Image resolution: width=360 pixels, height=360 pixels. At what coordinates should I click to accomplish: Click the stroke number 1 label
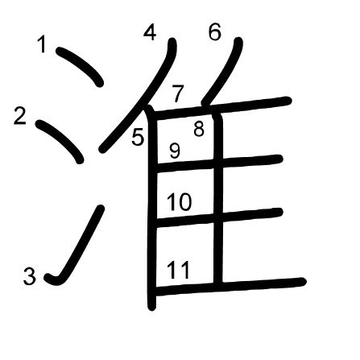tap(42, 44)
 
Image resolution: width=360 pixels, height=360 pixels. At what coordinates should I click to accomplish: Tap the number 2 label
tap(20, 116)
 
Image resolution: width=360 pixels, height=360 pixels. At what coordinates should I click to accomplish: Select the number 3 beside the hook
tap(29, 276)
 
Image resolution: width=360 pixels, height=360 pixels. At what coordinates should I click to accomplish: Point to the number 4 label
tap(150, 32)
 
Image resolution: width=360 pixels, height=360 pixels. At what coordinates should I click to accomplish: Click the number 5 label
tap(138, 137)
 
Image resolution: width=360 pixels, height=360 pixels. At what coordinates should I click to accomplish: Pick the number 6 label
tap(215, 32)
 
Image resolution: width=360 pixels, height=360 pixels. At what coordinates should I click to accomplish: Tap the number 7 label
tap(178, 93)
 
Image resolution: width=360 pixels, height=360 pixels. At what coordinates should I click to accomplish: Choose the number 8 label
tap(199, 129)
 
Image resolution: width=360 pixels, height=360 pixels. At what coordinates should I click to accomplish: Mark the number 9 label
tap(175, 151)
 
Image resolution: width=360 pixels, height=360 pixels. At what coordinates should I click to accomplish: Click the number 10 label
tap(180, 202)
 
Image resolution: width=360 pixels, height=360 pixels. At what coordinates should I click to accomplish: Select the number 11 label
tap(179, 270)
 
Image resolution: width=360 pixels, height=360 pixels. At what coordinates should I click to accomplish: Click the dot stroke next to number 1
tap(80, 66)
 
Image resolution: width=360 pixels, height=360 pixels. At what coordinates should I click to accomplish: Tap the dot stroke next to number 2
tap(60, 141)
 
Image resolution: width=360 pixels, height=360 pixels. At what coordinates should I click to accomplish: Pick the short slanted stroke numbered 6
tap(223, 71)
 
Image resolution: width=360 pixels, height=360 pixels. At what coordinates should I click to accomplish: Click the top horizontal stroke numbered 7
tap(220, 107)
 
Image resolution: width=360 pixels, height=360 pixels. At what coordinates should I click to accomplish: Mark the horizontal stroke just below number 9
tap(218, 163)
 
